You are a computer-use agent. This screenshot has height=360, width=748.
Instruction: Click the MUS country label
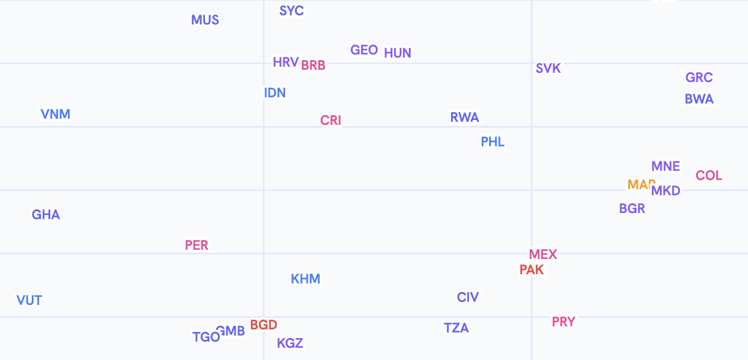205,20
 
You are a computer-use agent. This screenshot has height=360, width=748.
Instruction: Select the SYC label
291,11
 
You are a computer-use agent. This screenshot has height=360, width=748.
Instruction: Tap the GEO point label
364,50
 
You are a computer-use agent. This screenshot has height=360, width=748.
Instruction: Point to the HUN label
398,53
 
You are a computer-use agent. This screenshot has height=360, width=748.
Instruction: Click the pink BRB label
313,65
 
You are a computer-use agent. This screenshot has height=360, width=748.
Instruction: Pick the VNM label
56,114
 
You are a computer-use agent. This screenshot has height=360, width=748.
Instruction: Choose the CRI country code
331,121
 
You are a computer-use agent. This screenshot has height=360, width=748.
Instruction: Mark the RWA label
465,118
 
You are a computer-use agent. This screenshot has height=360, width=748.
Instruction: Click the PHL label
493,142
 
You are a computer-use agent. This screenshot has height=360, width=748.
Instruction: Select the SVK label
548,69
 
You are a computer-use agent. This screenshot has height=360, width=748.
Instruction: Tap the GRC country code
699,78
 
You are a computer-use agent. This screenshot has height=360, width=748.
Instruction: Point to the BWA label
699,99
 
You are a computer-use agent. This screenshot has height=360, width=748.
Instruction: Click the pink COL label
709,176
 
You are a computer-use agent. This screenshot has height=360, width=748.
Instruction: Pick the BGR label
632,209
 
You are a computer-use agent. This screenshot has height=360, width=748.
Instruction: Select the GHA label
46,215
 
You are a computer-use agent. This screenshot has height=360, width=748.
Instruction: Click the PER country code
196,246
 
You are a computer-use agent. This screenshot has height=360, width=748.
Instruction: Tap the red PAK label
531,270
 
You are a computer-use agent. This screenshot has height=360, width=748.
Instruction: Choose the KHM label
305,279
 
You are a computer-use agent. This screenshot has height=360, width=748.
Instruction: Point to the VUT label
29,301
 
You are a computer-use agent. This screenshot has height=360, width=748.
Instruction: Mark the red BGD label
264,325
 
